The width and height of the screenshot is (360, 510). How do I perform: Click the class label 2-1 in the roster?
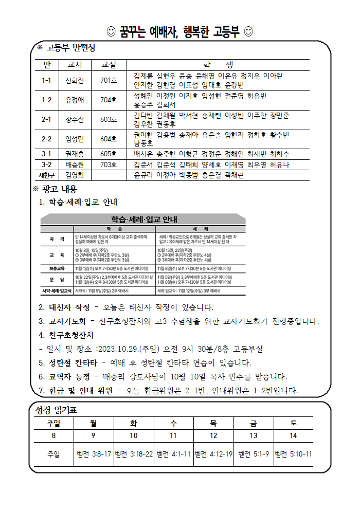[x=47, y=119]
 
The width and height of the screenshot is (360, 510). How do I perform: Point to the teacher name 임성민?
[x=75, y=139]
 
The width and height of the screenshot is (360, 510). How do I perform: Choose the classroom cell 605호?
[x=109, y=154]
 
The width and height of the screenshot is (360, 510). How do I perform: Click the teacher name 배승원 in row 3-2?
[x=75, y=165]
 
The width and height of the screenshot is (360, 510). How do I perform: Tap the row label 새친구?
[x=47, y=175]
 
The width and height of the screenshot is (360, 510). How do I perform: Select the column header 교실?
[x=109, y=65]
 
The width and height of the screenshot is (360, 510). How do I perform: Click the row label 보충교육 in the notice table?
[x=58, y=268]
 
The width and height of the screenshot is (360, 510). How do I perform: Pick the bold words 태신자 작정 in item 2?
[x=69, y=307]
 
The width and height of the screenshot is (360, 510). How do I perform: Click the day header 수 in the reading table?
[x=174, y=424]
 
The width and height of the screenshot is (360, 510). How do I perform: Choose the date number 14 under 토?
[x=293, y=435]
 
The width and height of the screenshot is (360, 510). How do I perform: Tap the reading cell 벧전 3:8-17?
[x=94, y=454]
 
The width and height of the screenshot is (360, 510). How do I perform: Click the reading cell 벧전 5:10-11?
[x=293, y=454]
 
